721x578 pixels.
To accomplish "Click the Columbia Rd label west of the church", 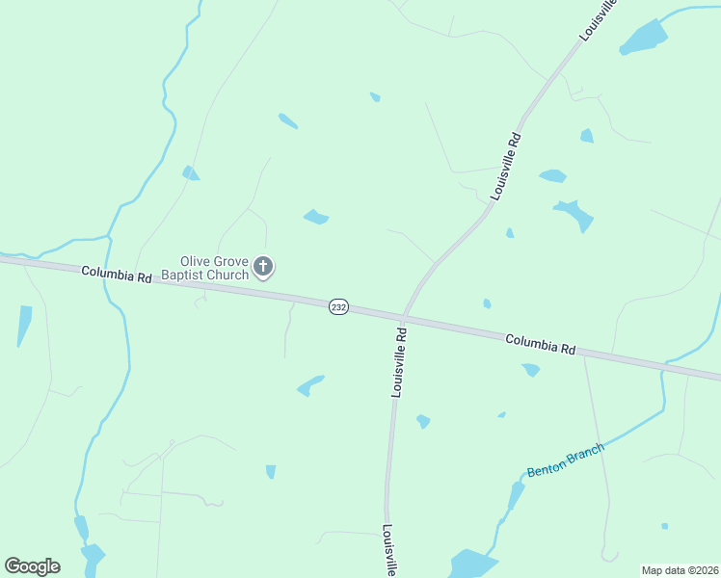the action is [x=117, y=275].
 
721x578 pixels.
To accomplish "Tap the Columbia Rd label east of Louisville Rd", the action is [x=540, y=342].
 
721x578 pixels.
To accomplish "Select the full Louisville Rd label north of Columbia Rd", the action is [x=505, y=166].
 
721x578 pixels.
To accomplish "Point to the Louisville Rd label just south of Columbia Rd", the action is [x=399, y=363].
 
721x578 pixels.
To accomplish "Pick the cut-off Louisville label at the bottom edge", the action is [x=389, y=551].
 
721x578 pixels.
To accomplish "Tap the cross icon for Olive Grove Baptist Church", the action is [x=263, y=266].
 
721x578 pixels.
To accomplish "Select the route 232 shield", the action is [x=338, y=306].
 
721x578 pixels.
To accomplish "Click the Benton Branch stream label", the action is [x=566, y=460].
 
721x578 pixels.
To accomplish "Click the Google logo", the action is [x=32, y=566].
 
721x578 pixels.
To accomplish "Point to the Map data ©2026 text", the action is [x=680, y=570].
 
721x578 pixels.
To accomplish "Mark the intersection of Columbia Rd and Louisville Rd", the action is [x=403, y=316].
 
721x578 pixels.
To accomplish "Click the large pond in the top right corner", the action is [x=644, y=38].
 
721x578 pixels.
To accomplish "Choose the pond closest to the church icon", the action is [x=316, y=217].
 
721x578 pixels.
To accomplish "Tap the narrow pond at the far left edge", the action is [x=23, y=325].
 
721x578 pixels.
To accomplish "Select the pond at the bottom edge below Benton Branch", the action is [x=471, y=564].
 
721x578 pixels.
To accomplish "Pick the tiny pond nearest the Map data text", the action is [x=664, y=526].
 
